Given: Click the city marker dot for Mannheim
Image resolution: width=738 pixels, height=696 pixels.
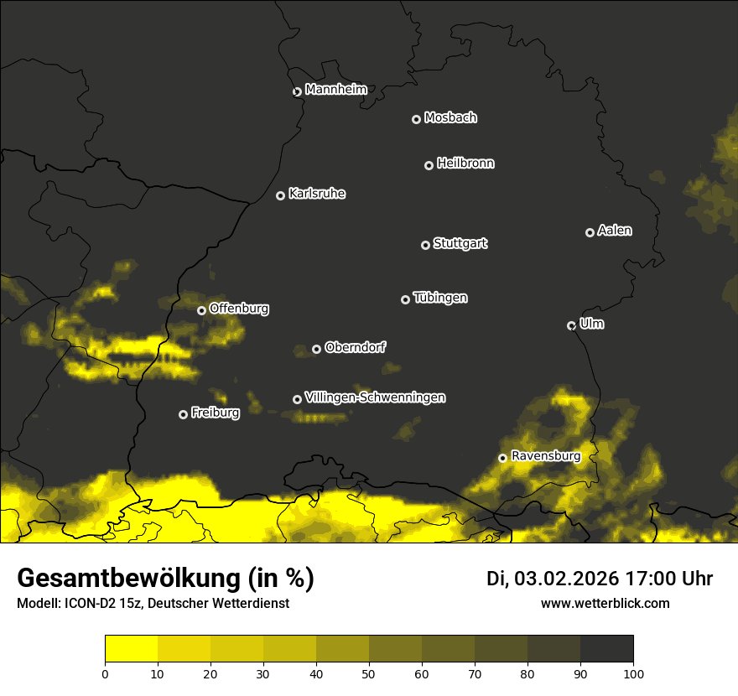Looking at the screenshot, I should [x=297, y=92].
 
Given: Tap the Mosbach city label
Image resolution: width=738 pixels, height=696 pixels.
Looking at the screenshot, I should [x=450, y=118].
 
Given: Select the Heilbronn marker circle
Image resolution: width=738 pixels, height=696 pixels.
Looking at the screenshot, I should [x=429, y=165].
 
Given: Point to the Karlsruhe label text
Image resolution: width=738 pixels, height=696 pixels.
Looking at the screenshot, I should [x=317, y=194].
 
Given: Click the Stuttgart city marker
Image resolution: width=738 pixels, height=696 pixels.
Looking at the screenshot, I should [x=425, y=245].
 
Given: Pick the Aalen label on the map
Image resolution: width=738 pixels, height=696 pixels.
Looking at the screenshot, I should [x=615, y=231].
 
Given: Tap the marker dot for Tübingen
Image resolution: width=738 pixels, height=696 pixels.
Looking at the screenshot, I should [x=405, y=299].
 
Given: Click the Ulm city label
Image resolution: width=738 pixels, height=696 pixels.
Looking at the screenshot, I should [x=591, y=324].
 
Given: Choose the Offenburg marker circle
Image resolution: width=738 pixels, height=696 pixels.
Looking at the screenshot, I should [x=201, y=310].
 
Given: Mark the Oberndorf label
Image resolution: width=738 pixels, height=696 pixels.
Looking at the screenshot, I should [x=355, y=347].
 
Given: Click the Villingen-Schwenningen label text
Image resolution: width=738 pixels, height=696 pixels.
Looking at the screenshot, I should [x=375, y=397].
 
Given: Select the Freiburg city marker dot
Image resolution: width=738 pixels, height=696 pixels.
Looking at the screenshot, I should [x=183, y=414].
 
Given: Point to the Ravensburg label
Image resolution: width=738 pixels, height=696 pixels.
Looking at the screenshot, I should [x=545, y=456].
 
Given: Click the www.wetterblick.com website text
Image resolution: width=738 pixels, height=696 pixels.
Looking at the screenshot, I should [x=605, y=604].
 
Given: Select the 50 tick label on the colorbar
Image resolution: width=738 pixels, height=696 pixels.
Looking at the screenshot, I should [x=369, y=673].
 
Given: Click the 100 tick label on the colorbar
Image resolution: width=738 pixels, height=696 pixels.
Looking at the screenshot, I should [x=633, y=673].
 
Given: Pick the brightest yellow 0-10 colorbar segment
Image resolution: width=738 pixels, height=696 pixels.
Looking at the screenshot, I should [x=131, y=649].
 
